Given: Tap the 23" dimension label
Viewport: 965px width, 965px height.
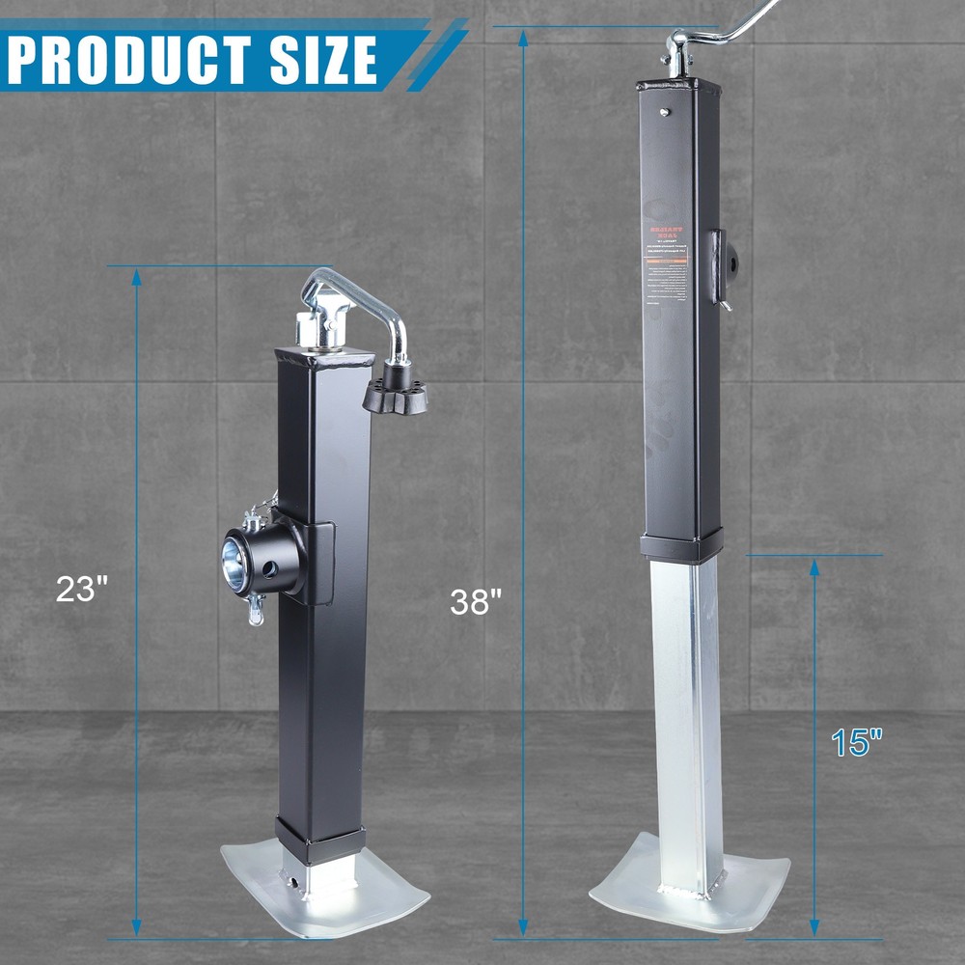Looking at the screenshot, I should [x=81, y=590].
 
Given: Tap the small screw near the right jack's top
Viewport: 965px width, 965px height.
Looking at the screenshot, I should [x=664, y=112].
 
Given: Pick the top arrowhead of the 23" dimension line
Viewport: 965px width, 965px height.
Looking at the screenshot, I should [x=136, y=278].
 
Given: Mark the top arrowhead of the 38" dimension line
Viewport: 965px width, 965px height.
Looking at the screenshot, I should [x=523, y=39].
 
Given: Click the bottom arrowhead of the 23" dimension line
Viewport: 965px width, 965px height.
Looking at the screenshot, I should [x=136, y=926].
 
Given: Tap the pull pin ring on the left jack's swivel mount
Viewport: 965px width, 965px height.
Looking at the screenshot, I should [x=255, y=613].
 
